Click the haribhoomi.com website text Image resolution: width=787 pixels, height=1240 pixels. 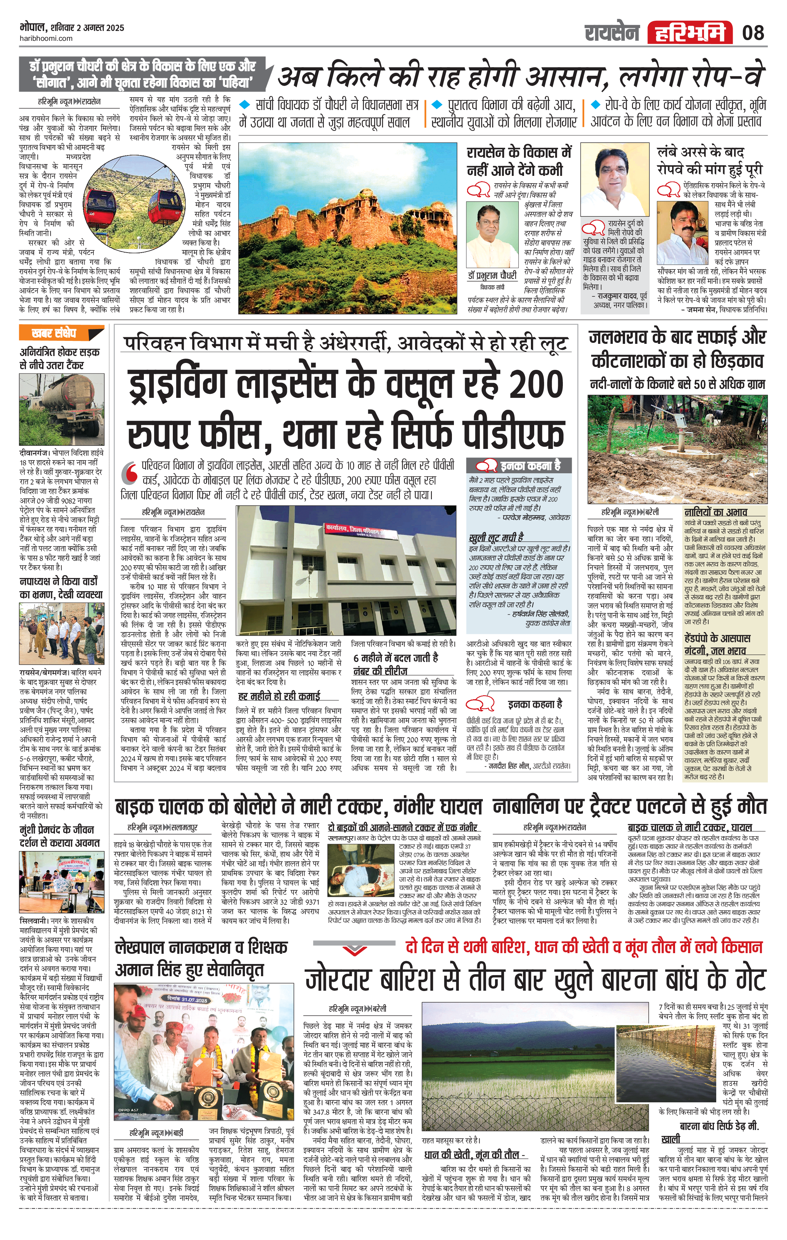[46, 39]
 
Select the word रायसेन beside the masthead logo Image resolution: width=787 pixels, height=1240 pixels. [612, 33]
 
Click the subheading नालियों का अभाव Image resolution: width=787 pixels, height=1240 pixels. [716, 512]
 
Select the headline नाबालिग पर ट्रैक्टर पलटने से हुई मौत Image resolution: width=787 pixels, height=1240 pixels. [629, 807]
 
